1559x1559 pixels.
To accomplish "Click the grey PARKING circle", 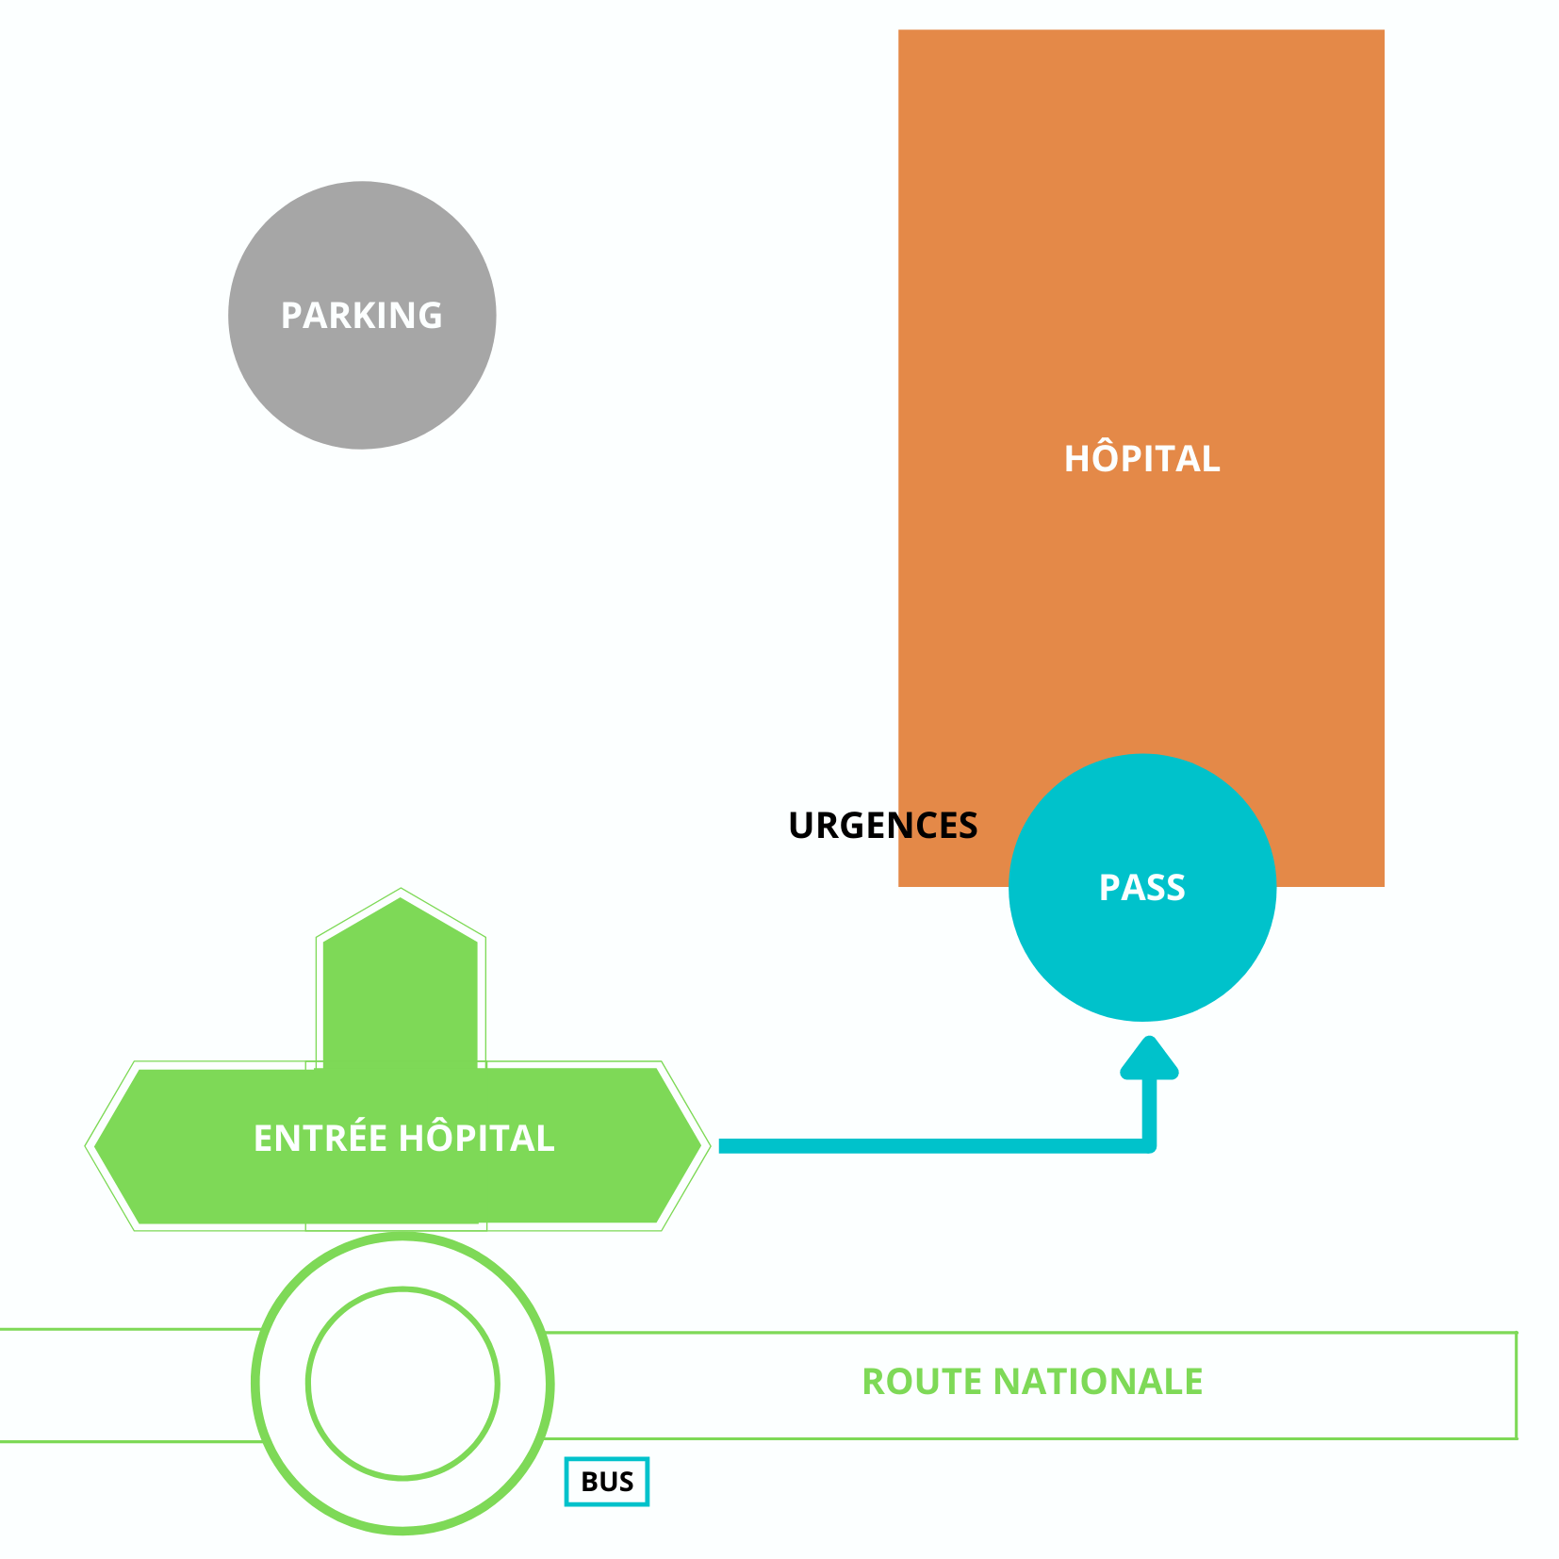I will (362, 377).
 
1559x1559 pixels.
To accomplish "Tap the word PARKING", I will (362, 316).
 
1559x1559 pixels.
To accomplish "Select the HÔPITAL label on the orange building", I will (1141, 459).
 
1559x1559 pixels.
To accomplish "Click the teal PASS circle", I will (1141, 952).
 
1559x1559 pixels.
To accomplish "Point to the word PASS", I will (1141, 888).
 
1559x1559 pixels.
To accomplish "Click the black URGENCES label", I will (882, 826).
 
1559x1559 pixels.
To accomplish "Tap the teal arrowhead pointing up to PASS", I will (1149, 1058).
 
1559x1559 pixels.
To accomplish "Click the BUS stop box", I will (607, 1482).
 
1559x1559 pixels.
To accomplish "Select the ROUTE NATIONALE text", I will (1032, 1382).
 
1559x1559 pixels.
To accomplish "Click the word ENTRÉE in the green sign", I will (320, 1139).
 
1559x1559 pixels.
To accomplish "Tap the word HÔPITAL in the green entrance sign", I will (477, 1139).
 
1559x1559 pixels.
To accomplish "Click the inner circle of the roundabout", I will (402, 1384).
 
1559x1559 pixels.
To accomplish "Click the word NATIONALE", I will (1098, 1382).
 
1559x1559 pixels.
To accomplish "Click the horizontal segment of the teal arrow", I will (933, 1146).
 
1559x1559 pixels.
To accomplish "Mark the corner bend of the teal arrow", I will (1148, 1145).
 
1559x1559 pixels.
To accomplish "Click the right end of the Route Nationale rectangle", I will (1515, 1386).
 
